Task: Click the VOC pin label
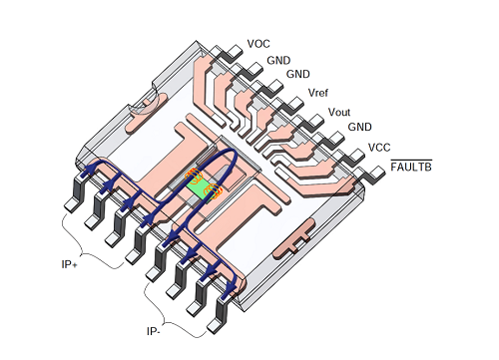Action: [x=258, y=44]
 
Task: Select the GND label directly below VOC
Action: [x=278, y=60]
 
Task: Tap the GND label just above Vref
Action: [x=298, y=74]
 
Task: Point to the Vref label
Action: [x=318, y=93]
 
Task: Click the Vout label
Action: [x=339, y=112]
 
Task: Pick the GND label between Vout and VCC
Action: [x=360, y=127]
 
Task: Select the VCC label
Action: [x=379, y=148]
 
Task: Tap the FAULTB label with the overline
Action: [x=411, y=166]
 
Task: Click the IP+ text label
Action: [x=70, y=264]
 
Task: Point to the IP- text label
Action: [x=154, y=331]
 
